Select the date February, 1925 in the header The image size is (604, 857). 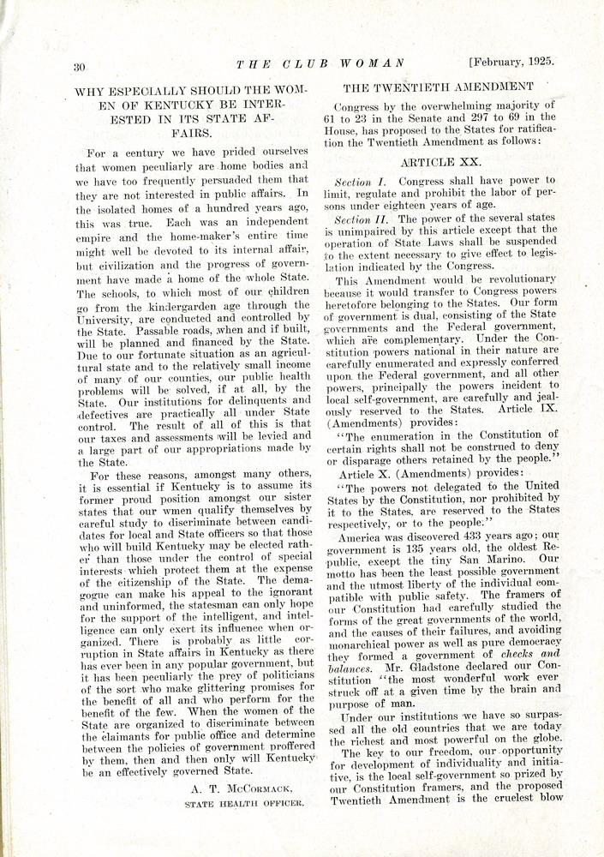(511, 62)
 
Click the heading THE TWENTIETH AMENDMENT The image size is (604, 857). (438, 87)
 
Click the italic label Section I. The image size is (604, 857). (353, 182)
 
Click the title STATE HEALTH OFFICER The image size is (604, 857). (245, 804)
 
